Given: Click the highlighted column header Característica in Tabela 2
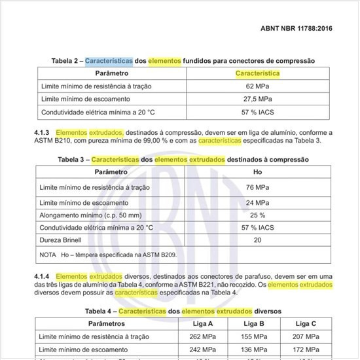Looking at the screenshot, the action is click(x=258, y=73).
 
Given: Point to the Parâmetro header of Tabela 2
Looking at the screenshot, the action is click(x=112, y=73).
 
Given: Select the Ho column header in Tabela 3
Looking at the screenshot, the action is click(x=257, y=172).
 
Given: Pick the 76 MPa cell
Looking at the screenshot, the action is click(x=257, y=187).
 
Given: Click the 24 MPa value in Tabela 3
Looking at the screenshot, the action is click(x=257, y=202).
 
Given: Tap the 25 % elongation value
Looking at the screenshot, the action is click(x=257, y=215).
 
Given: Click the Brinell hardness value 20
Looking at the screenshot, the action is click(x=257, y=240).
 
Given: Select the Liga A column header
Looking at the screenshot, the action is click(x=201, y=324).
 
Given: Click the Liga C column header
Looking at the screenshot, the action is click(x=306, y=324).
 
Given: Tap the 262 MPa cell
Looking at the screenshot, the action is click(x=201, y=336).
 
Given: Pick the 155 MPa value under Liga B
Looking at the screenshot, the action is click(x=253, y=336).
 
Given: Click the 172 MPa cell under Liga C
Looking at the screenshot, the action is click(x=306, y=350).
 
